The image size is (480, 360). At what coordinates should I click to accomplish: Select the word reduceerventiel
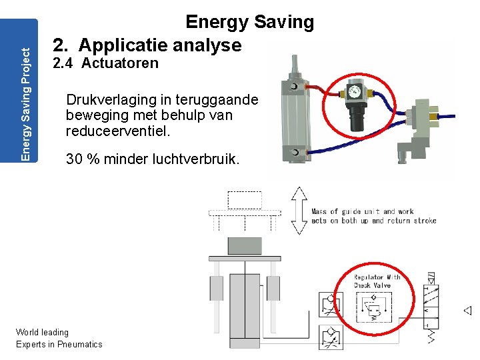(119, 131)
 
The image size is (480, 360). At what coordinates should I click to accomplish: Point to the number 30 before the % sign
(75, 160)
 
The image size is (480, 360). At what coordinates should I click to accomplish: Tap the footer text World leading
(42, 332)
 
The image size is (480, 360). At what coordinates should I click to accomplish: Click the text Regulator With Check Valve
(377, 281)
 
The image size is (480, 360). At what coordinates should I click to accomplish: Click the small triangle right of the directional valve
(467, 310)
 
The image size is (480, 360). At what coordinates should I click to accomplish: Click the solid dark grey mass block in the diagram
(245, 246)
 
